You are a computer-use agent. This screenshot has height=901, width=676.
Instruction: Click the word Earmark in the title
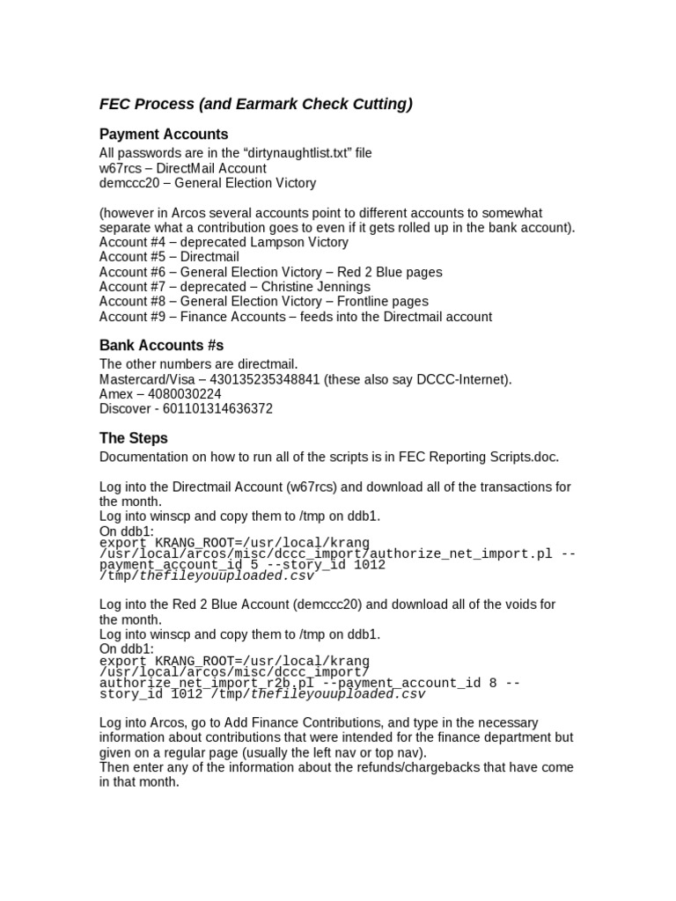[265, 105]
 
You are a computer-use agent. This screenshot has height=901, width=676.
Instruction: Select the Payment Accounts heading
[164, 135]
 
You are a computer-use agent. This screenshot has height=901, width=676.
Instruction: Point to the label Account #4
[133, 242]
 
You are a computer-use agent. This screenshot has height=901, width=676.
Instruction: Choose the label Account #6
[133, 272]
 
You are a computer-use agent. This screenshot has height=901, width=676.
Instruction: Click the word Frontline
[362, 302]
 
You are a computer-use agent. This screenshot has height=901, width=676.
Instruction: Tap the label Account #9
[133, 317]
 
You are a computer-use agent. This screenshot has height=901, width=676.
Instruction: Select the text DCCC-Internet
[466, 379]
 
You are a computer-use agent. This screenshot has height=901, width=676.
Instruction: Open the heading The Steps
[133, 438]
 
